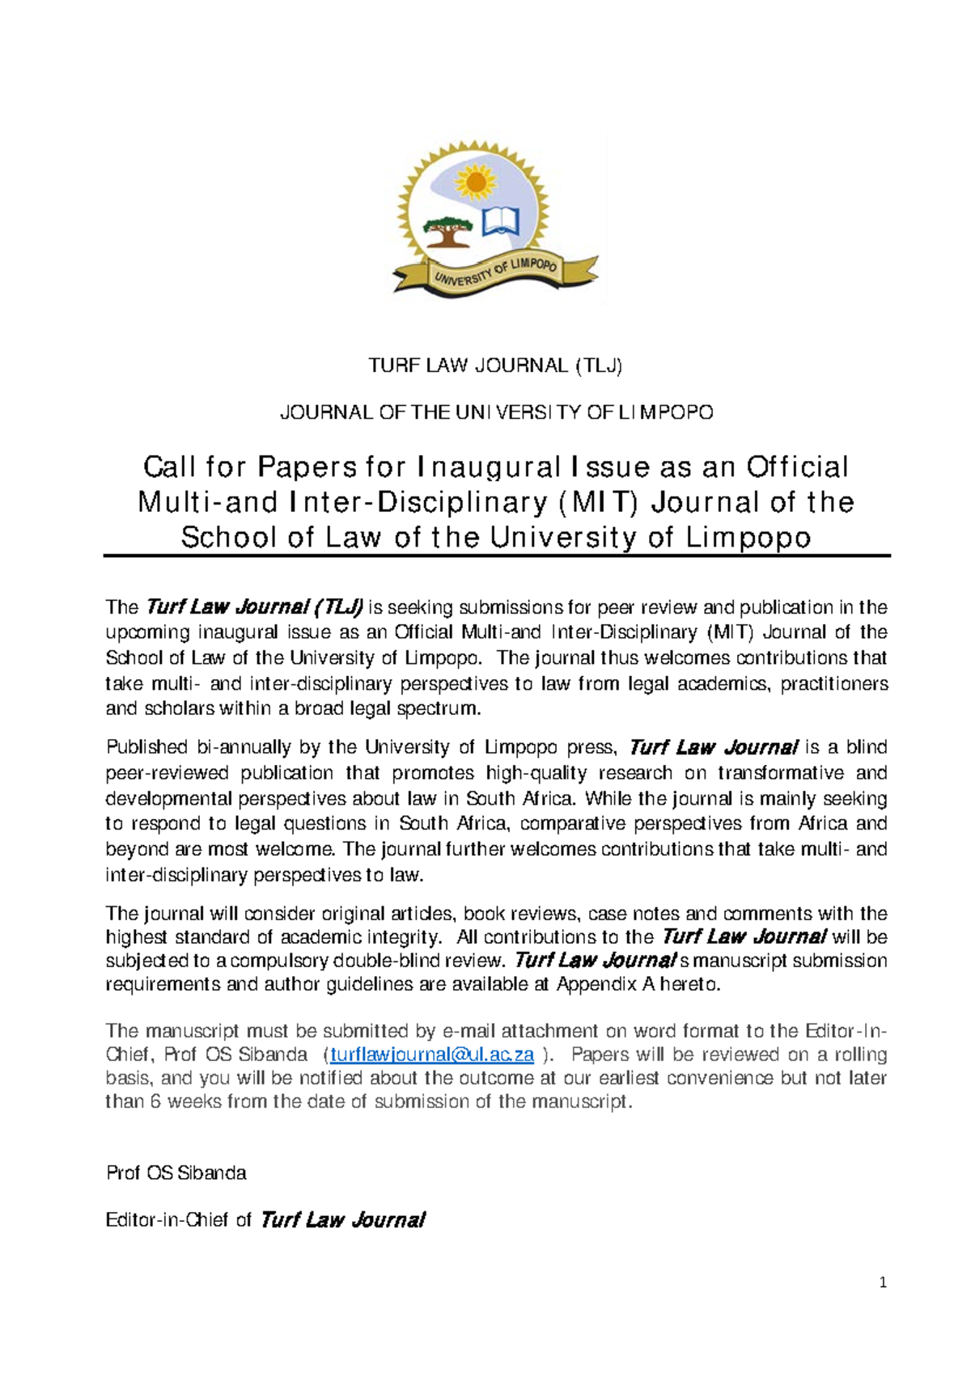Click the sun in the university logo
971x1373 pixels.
tap(476, 183)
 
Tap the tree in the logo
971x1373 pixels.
tap(447, 230)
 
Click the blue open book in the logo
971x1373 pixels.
tap(501, 221)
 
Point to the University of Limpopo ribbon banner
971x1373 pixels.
tap(495, 273)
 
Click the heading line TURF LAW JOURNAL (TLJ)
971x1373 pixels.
tap(495, 365)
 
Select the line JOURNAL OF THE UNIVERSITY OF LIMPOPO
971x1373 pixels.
tap(496, 412)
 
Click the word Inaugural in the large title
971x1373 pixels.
tap(489, 467)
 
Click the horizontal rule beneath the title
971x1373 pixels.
tap(496, 556)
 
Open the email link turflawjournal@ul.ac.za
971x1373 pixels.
tap(432, 1054)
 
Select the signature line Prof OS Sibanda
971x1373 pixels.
tap(176, 1172)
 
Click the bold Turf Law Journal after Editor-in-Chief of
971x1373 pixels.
tap(342, 1220)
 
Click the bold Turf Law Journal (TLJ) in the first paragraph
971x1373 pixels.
tap(254, 606)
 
